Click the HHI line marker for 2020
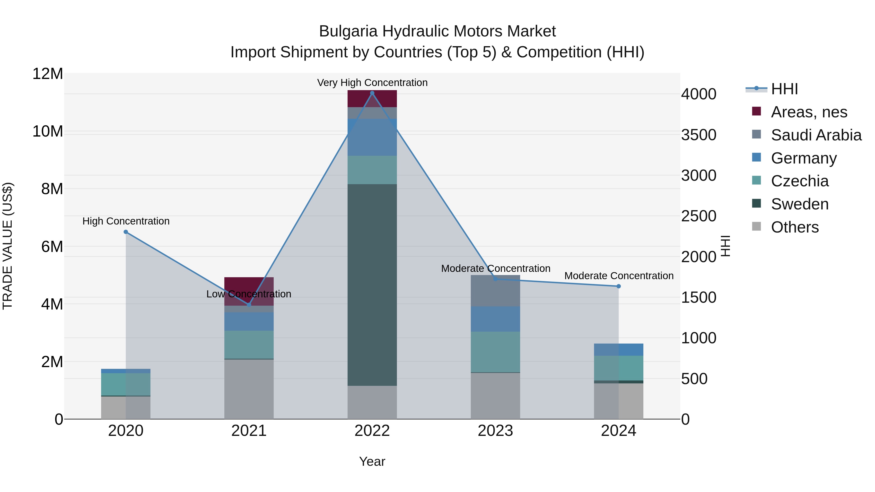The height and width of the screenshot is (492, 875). coord(126,232)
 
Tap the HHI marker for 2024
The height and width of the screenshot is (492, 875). coord(619,286)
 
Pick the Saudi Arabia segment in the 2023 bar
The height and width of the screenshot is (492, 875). coord(495,291)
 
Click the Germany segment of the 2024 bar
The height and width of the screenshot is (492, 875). coord(619,350)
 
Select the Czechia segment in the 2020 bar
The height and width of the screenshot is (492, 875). coord(126,384)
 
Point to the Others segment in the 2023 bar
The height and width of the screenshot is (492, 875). coord(495,396)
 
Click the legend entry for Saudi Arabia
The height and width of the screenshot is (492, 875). coord(816,135)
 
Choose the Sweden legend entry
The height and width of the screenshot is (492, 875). coord(800,204)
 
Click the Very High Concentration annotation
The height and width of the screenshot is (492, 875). coord(372,83)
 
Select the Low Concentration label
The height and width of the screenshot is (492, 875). coord(249,294)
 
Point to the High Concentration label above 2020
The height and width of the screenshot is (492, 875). coord(126,221)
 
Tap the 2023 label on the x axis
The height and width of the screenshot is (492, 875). coord(495,431)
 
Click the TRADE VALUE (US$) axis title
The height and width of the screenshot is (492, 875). coord(8,246)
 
